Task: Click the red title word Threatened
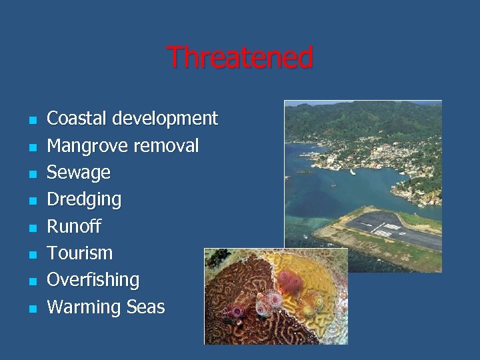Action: click(239, 57)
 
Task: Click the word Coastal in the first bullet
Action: click(77, 119)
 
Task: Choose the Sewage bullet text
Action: click(79, 173)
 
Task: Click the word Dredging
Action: click(84, 199)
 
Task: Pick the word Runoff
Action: click(73, 227)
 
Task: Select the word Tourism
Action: click(79, 253)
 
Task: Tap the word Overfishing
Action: click(93, 280)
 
